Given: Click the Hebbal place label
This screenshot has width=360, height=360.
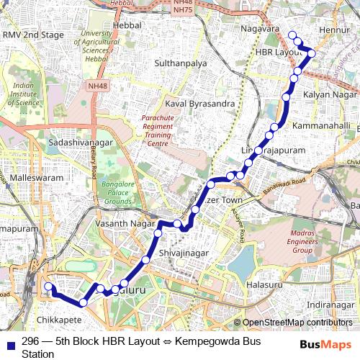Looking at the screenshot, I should tap(127, 25).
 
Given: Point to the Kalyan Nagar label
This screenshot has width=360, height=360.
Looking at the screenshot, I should tap(330, 95).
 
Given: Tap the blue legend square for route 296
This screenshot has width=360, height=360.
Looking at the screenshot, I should tap(10, 344).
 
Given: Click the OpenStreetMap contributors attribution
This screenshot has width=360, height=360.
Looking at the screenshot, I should tap(297, 323).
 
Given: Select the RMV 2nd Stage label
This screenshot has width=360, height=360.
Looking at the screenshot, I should tap(33, 35).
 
